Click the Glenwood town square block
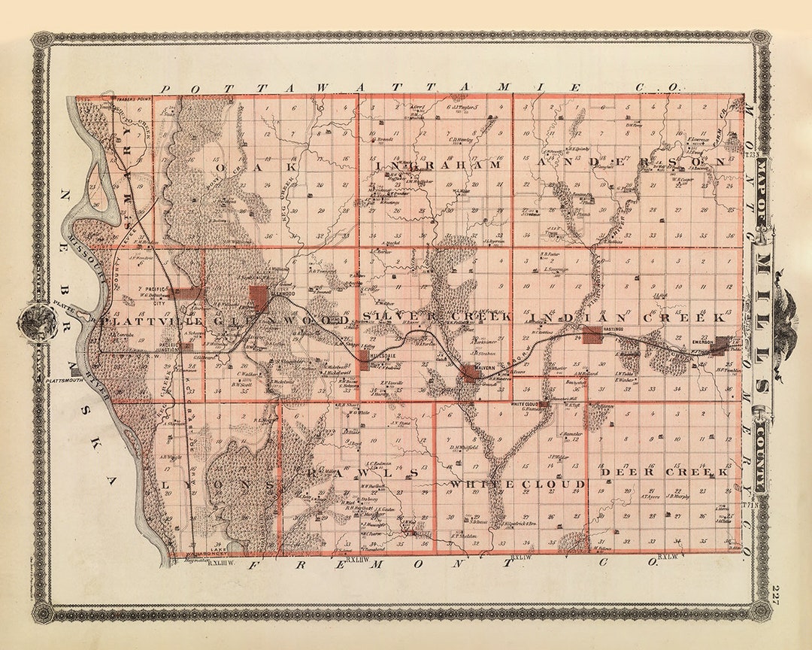pos(260,296)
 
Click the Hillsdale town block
pos(364,359)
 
